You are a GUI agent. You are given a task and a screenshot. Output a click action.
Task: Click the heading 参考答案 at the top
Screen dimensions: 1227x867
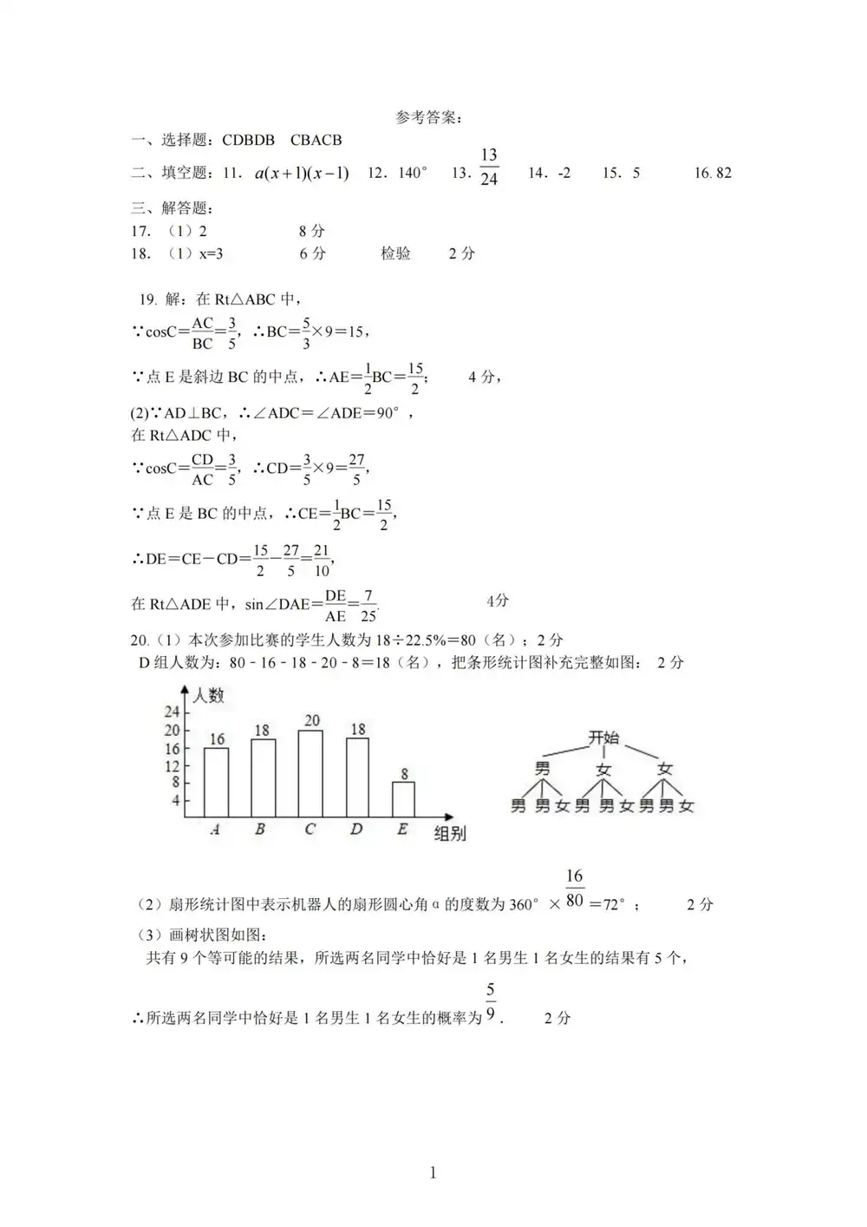tap(429, 117)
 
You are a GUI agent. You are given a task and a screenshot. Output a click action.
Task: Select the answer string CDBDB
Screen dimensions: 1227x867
tap(248, 140)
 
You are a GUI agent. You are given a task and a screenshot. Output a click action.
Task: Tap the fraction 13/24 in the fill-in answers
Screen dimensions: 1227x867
tap(489, 167)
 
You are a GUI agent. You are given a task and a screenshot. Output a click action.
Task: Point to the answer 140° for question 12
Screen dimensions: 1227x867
tap(412, 173)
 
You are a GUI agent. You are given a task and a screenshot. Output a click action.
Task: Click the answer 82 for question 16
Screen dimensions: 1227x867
tap(723, 173)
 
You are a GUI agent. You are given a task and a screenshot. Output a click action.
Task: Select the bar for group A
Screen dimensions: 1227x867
tap(216, 782)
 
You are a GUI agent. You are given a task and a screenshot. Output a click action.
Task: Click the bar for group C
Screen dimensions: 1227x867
tap(310, 773)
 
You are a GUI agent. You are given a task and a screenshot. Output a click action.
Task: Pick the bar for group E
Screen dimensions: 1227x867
tap(403, 799)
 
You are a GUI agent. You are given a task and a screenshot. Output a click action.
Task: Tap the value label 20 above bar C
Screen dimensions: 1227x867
tap(311, 720)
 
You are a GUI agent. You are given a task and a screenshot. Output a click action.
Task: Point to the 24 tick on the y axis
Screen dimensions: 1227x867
tap(172, 712)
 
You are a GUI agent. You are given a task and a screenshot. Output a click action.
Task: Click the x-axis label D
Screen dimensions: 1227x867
tap(356, 830)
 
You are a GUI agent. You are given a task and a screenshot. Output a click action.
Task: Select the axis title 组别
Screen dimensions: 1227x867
tap(450, 833)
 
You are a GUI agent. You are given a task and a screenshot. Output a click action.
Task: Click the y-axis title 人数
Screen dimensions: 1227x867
tap(208, 695)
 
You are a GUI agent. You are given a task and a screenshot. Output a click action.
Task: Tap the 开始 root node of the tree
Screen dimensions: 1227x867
tap(603, 738)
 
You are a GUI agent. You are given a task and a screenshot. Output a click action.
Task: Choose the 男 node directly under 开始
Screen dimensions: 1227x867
tap(543, 769)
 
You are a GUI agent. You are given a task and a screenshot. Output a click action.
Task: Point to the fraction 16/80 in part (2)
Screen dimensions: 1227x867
tap(575, 889)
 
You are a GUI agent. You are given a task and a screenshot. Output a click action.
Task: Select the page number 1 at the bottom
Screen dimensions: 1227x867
tap(433, 1173)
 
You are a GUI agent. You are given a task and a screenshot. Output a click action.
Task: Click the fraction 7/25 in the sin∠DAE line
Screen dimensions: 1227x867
tap(368, 606)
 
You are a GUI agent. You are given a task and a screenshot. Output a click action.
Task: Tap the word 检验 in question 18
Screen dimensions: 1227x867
tap(395, 253)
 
